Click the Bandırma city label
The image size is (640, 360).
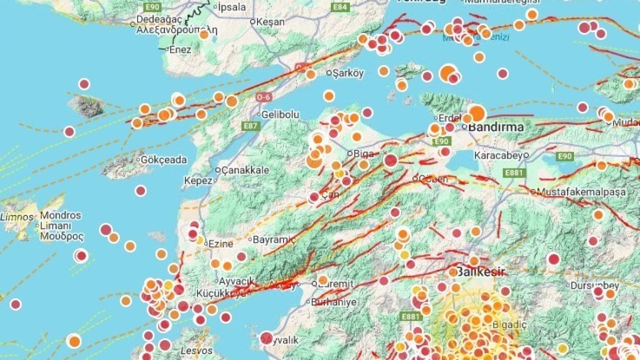[495, 126]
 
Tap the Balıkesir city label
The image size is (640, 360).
[481, 272]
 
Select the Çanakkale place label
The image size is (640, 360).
[245, 170]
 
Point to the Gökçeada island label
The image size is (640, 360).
[164, 160]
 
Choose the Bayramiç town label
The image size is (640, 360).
[274, 239]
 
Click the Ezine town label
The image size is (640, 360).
[220, 244]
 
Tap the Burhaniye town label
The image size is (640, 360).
[333, 302]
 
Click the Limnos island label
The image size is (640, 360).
[16, 217]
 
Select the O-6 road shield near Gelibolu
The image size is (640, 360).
[263, 97]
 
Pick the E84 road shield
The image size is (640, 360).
[340, 7]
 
